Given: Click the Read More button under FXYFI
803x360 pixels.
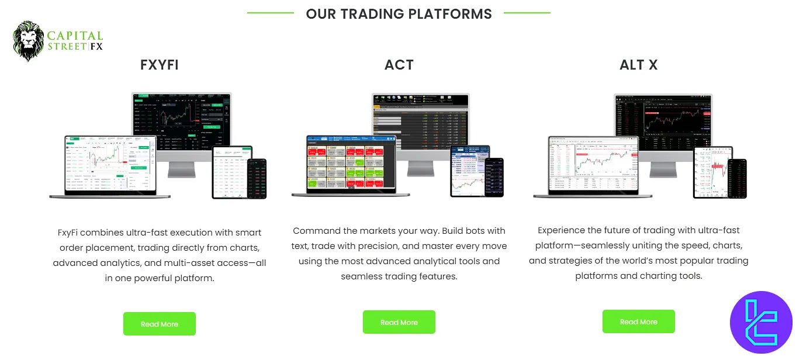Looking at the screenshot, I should [159, 324].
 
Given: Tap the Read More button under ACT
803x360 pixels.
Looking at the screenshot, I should [399, 322].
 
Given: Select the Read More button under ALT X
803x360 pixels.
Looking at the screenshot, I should [638, 321].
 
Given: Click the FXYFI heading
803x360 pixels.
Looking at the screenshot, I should [160, 65].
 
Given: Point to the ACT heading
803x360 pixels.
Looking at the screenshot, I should [399, 65].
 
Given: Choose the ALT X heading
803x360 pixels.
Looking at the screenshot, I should [639, 65].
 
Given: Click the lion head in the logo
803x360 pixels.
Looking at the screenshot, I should [28, 40].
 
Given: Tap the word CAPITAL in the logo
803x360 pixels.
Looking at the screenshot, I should [75, 36].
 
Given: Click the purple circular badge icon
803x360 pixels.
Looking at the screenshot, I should [761, 323].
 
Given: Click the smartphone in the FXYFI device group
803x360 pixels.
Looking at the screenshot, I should [257, 179].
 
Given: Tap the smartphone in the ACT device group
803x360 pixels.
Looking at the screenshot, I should [494, 177].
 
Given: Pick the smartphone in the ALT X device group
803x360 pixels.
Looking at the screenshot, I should [736, 178].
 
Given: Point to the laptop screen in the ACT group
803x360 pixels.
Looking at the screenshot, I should [351, 164].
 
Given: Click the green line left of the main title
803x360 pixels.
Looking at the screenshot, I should [270, 13].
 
